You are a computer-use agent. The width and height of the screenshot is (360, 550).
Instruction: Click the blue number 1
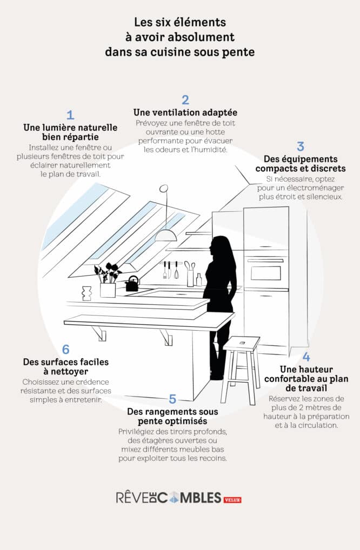pyautogui.click(x=70, y=115)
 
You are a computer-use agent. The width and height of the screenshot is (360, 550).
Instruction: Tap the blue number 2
pyautogui.click(x=185, y=99)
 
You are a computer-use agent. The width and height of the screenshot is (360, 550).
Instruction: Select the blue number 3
pyautogui.click(x=301, y=146)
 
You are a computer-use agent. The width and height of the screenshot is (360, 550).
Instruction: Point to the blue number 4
pyautogui.click(x=306, y=357)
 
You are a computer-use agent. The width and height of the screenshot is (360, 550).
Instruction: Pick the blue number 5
pyautogui.click(x=172, y=399)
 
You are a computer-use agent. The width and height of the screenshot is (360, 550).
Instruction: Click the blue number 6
pyautogui.click(x=66, y=350)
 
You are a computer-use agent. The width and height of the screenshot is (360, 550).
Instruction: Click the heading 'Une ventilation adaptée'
pyautogui.click(x=185, y=112)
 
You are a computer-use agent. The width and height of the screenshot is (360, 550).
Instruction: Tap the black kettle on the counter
pyautogui.click(x=132, y=284)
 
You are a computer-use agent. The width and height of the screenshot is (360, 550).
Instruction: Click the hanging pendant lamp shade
pyautogui.click(x=166, y=235)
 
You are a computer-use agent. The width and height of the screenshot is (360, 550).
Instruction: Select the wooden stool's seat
pyautogui.click(x=242, y=343)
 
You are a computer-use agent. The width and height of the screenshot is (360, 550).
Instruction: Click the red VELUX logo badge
pyautogui.click(x=232, y=500)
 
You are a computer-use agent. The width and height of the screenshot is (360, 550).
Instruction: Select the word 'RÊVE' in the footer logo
pyautogui.click(x=133, y=498)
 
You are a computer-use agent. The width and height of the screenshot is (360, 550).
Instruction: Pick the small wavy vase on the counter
pyautogui.click(x=85, y=293)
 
